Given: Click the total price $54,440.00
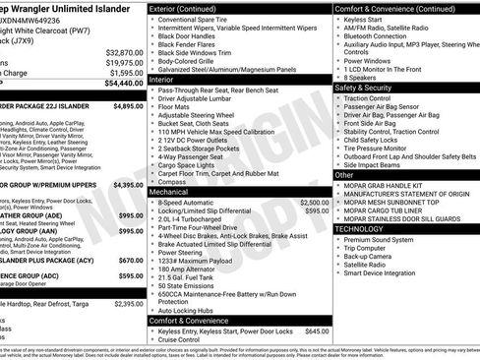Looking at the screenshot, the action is tap(122, 84).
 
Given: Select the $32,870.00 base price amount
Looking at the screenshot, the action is tap(125, 52).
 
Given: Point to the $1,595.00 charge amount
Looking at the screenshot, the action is tap(127, 73).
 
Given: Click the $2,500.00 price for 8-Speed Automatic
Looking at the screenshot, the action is tap(308, 202).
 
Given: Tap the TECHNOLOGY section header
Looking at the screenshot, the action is tap(365, 227).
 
